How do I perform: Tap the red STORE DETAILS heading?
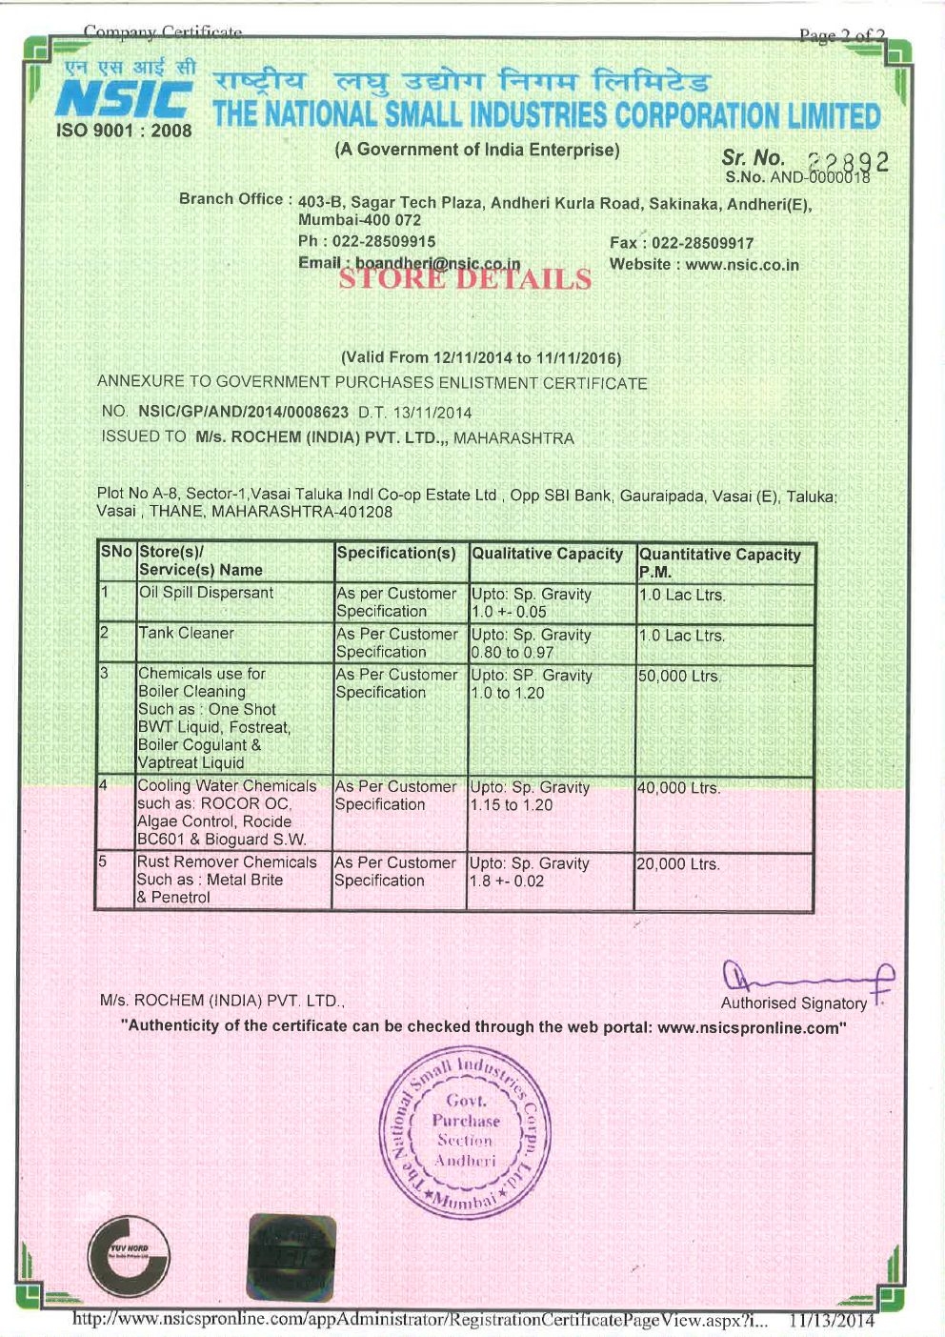click(x=465, y=278)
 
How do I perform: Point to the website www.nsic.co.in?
click(x=742, y=265)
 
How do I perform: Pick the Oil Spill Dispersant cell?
click(x=207, y=593)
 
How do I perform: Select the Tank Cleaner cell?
click(x=187, y=633)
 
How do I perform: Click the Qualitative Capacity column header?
click(x=548, y=554)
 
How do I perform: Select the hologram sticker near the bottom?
click(x=291, y=1258)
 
